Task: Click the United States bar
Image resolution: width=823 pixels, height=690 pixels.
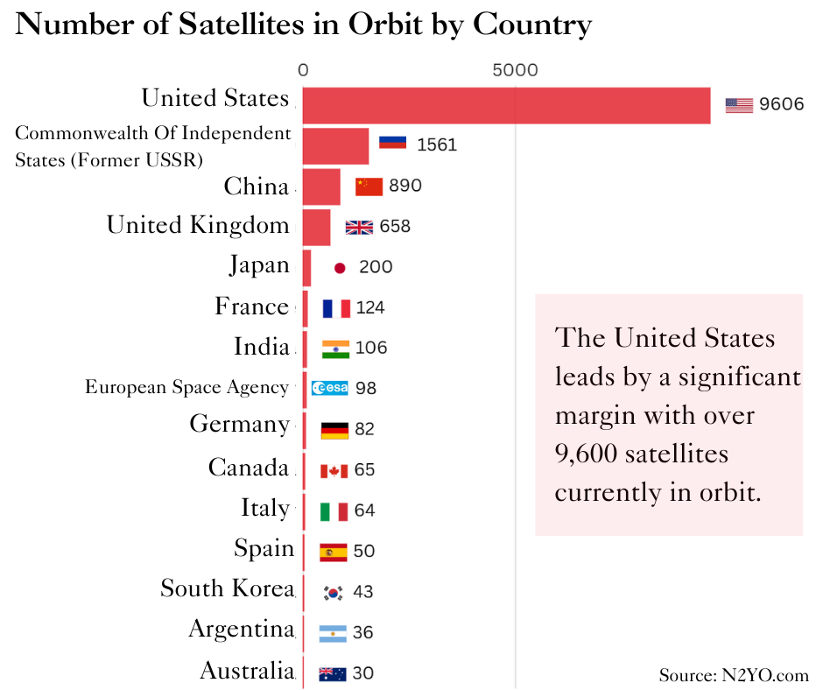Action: coord(506,105)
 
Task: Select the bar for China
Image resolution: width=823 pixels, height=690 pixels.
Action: coord(321,187)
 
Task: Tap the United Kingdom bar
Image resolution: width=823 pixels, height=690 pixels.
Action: coord(316,227)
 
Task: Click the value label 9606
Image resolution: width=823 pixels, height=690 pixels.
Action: coord(781,105)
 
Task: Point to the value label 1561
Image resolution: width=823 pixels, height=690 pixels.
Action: coord(437,144)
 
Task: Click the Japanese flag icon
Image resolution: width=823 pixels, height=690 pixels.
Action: coord(340,267)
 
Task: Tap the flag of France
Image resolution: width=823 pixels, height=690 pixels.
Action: coord(336,308)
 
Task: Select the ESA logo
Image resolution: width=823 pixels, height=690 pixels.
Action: coord(329,388)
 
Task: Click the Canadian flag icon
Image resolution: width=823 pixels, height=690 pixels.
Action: coord(334,470)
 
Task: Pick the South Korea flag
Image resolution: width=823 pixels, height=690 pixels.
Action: coord(333,592)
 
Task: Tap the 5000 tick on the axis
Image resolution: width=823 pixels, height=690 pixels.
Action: coord(515,71)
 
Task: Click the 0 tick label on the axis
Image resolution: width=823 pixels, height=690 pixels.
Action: coord(303,71)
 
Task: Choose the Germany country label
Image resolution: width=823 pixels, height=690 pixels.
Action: coord(239,425)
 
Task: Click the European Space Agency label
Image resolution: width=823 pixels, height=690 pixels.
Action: coord(186,387)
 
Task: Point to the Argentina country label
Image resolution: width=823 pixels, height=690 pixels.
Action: coord(241,629)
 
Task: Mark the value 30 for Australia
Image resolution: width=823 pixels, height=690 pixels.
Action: coord(362,673)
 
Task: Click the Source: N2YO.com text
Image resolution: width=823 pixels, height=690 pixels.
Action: coord(734,675)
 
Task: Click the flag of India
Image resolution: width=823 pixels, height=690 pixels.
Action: coord(335,349)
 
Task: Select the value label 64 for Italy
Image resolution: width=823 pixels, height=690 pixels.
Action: coord(364,510)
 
